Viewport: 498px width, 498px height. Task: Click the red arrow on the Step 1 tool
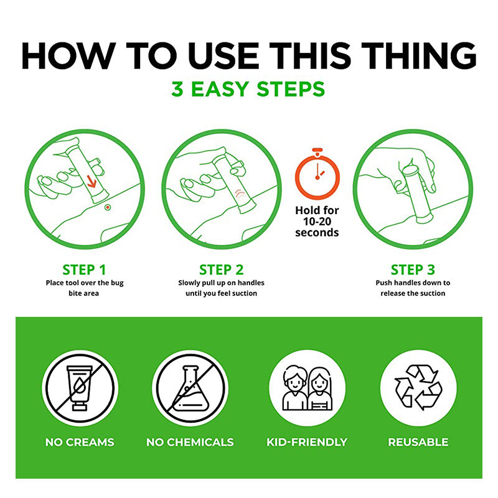[x=92, y=181]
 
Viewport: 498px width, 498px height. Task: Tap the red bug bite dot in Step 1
[x=108, y=207]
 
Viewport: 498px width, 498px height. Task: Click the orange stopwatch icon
[x=317, y=174]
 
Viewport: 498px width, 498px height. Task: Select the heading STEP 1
[x=84, y=270]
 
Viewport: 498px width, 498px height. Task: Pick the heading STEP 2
[x=222, y=270]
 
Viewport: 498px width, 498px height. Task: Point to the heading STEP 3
[x=413, y=270]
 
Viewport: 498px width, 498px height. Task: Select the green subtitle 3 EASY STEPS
[x=248, y=89]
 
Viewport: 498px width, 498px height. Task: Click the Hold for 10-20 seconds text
[x=317, y=222]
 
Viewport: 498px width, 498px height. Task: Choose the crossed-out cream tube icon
[x=80, y=388]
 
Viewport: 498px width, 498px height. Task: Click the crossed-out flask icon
[x=190, y=388]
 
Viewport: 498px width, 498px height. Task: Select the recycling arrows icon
[x=418, y=387]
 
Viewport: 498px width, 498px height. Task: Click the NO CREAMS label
[x=80, y=442]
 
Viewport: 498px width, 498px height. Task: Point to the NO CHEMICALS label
[x=190, y=442]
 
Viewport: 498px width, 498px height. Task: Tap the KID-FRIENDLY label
[x=307, y=442]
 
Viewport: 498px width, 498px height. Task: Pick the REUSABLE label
[x=418, y=442]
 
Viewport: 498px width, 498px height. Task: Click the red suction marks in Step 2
[x=240, y=194]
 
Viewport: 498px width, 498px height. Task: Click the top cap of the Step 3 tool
[x=410, y=170]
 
